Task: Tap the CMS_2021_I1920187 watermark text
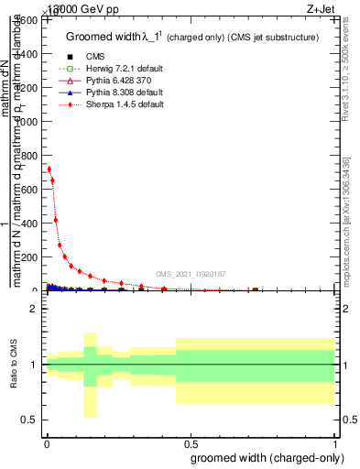point(189,273)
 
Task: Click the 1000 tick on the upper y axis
point(29,122)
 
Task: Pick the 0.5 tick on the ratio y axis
point(31,420)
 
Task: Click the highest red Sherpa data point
point(49,169)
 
